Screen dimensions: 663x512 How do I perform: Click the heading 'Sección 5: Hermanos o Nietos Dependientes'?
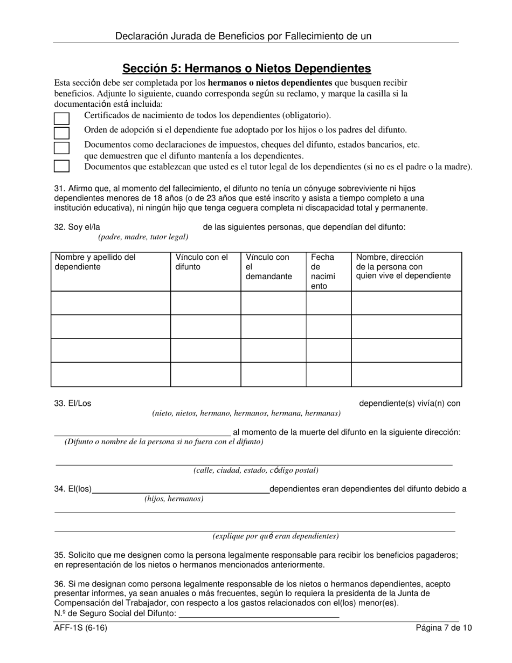tap(246, 68)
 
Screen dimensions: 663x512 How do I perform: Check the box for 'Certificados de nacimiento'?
tap(62, 119)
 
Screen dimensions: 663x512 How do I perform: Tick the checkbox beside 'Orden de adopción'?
tap(62, 133)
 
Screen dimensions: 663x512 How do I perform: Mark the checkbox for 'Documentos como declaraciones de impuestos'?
tap(62, 148)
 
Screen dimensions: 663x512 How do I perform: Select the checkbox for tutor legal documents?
tap(62, 166)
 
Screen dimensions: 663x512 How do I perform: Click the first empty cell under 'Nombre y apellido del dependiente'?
tap(110, 303)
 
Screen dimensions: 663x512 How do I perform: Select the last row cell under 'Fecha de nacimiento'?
tap(328, 375)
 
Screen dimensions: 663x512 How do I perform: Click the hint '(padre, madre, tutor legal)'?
tap(143, 237)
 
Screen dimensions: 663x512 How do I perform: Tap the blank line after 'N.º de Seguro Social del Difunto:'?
tap(259, 613)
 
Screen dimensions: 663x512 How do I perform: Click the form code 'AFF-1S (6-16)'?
tap(77, 627)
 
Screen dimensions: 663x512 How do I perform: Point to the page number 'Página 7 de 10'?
tap(444, 627)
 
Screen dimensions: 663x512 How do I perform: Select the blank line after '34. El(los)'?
tap(181, 489)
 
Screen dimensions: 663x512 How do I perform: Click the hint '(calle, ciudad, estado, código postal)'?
tap(256, 470)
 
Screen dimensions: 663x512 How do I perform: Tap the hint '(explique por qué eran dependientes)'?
tap(275, 536)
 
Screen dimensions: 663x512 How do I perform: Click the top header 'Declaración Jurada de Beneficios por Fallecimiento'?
tap(243, 36)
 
